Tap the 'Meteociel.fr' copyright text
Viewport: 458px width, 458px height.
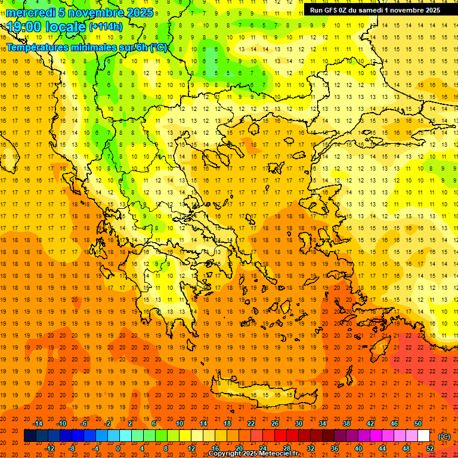pos(277,454)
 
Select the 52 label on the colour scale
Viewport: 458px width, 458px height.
pos(430,448)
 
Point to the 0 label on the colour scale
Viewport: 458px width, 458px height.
pos(118,448)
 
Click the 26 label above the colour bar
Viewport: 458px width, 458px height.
pos(275,423)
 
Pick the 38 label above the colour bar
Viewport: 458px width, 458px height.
pos(346,423)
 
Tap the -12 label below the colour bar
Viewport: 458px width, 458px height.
pos(49,448)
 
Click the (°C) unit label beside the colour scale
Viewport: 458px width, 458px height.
pos(444,437)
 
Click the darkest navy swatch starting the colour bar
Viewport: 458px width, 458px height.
pos(30,436)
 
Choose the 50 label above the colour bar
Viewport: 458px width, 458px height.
pos(417,423)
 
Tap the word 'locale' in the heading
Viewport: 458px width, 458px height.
pos(66,27)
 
